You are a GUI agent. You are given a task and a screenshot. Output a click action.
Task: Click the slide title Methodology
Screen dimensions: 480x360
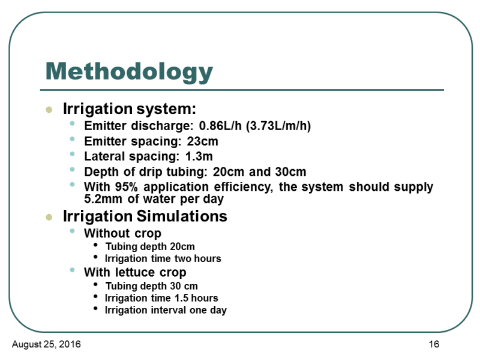129,72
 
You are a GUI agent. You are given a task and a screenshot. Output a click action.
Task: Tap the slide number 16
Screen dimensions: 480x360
434,344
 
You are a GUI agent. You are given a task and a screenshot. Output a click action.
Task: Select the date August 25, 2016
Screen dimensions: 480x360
46,344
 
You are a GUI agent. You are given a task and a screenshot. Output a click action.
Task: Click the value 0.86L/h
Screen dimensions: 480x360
220,126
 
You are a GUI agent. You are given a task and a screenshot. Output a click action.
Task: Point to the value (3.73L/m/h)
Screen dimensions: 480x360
278,126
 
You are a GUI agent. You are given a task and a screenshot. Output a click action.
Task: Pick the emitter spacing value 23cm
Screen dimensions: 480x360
202,141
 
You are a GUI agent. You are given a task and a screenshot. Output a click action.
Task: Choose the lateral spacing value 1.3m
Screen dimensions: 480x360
199,157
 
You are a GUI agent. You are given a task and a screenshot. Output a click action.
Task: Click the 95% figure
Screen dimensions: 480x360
127,187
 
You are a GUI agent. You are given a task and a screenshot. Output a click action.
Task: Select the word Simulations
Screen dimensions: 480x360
182,216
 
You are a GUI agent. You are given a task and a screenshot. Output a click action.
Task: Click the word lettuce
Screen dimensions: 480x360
135,272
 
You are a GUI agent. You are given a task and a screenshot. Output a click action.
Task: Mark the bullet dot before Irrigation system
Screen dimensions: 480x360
49,110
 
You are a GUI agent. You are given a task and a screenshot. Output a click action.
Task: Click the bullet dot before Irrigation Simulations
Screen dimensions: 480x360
49,217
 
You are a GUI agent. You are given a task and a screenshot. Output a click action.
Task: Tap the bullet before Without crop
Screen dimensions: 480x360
72,231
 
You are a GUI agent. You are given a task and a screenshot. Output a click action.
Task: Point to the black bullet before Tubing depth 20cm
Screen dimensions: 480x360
96,245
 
